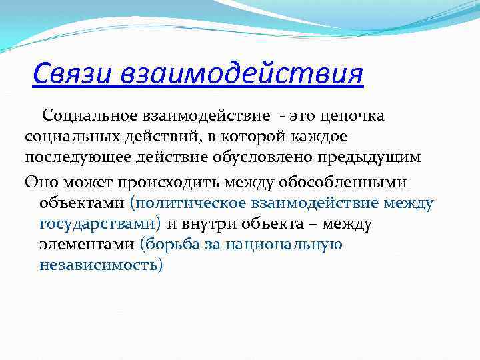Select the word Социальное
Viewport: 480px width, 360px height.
click(x=87, y=116)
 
